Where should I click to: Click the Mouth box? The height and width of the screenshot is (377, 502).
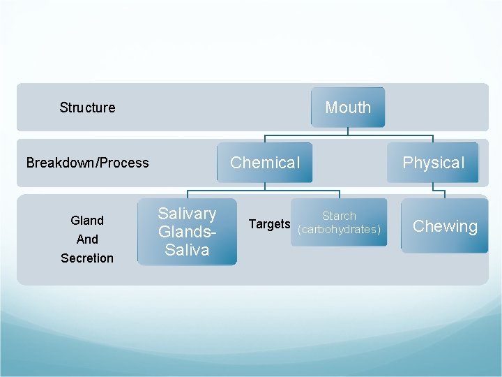click(348, 107)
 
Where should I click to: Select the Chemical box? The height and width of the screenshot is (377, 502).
click(264, 163)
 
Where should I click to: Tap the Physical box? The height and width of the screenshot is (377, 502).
click(433, 163)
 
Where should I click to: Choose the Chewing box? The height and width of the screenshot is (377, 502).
click(445, 226)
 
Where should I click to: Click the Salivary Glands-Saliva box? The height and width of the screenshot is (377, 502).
click(187, 232)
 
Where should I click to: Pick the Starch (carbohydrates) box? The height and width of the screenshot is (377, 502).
click(340, 223)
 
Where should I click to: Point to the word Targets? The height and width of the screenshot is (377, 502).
click(269, 224)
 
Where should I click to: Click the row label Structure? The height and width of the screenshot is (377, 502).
click(87, 108)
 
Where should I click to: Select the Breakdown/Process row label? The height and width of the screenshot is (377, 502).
click(87, 163)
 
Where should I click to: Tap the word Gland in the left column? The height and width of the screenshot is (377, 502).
click(87, 221)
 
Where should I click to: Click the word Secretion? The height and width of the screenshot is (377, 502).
click(87, 258)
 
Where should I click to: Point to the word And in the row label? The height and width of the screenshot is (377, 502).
click(87, 239)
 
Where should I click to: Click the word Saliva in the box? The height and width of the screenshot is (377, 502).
click(187, 250)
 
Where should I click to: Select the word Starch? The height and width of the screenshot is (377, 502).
click(339, 216)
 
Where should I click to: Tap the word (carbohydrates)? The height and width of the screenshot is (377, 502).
click(339, 230)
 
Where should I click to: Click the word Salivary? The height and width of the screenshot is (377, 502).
click(187, 214)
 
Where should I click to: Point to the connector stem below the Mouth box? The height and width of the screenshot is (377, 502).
click(348, 131)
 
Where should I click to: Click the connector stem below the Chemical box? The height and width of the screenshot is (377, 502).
click(264, 186)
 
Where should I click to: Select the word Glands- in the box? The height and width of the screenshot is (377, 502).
click(187, 232)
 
